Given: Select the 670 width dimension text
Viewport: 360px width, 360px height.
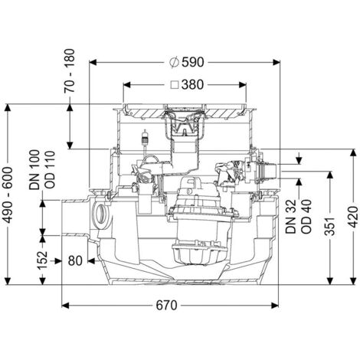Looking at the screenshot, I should point(178,306).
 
